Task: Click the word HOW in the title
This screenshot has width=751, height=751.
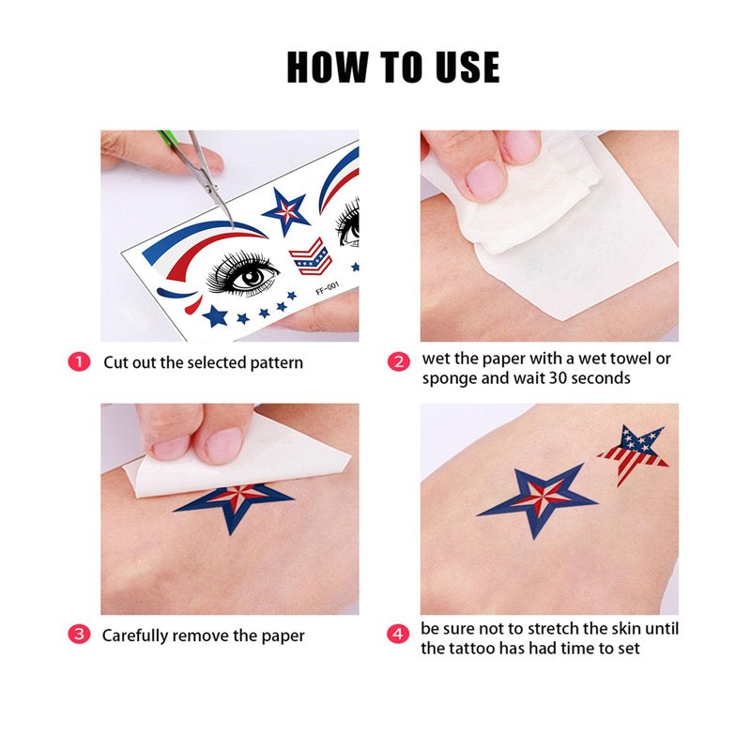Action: tap(328, 67)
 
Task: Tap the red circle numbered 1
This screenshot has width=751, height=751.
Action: tap(79, 361)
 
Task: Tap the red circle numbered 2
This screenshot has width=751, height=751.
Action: tap(398, 361)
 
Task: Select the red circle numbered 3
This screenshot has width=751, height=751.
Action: tap(79, 635)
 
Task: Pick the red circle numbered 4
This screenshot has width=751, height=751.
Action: tap(398, 634)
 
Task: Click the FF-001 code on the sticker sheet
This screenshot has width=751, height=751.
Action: tap(328, 289)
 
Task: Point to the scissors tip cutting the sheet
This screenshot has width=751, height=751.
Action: tap(232, 225)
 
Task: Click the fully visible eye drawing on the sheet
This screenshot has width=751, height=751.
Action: tap(242, 274)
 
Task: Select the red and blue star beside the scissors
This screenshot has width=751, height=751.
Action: tap(286, 210)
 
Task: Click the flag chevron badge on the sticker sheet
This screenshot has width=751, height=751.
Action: tap(311, 256)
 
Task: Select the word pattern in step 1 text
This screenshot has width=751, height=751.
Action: tap(277, 363)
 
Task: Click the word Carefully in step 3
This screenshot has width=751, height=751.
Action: tap(135, 636)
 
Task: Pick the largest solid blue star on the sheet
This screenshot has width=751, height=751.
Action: tap(215, 316)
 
